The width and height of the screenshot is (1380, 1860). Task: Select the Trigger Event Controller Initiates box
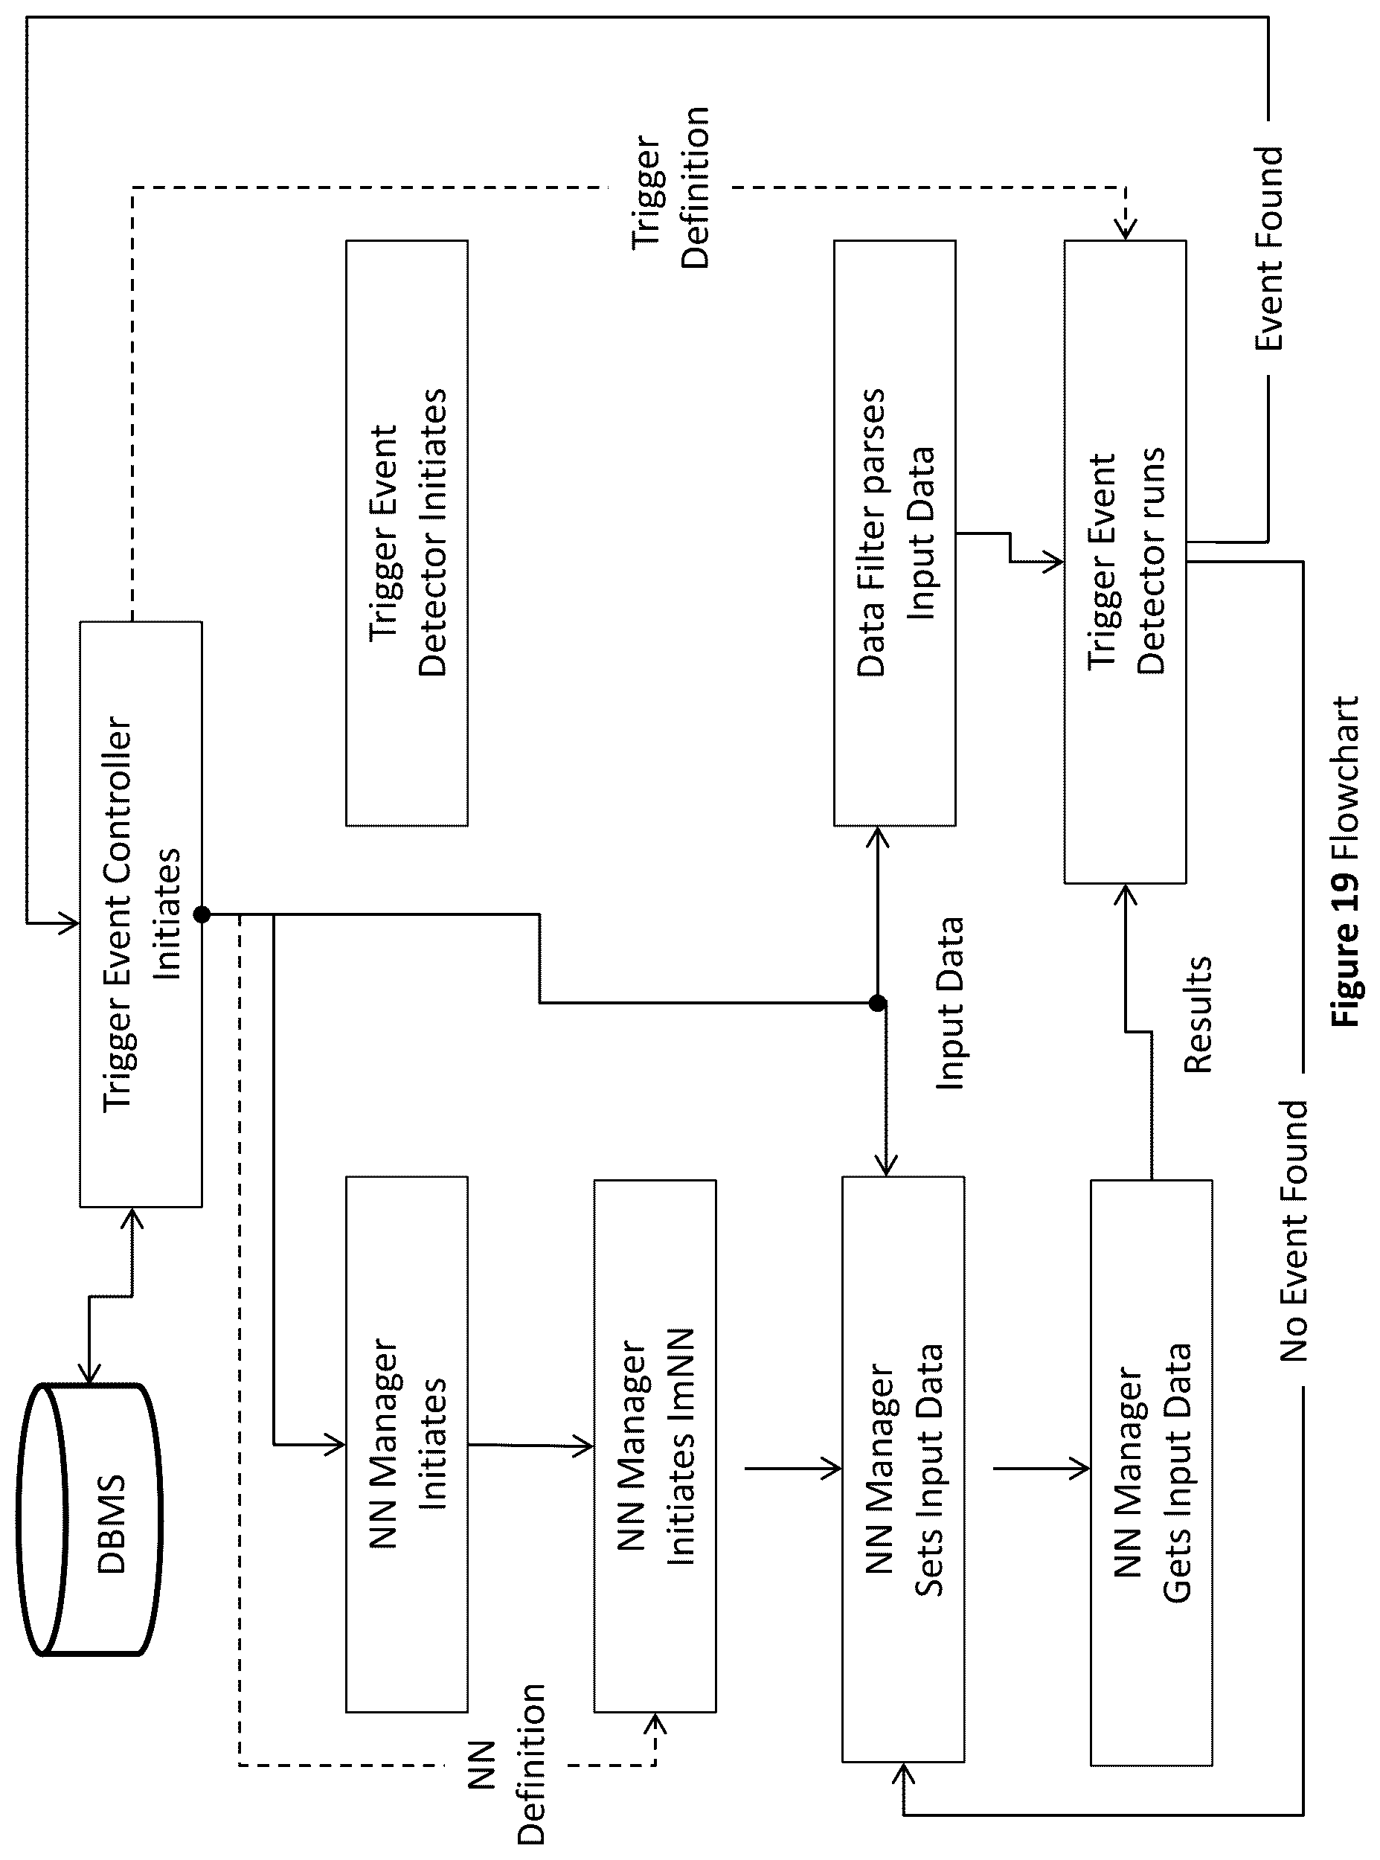click(x=141, y=914)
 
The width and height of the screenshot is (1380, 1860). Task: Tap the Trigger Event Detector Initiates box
click(x=407, y=533)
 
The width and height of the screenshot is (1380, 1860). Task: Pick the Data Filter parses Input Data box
click(x=895, y=533)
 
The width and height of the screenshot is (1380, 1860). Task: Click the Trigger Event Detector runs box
click(x=1126, y=561)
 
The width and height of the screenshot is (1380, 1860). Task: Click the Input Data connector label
click(x=949, y=1002)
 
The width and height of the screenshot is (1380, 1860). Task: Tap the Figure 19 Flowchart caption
click(x=1346, y=861)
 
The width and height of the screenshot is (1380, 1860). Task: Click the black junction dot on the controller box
click(x=202, y=914)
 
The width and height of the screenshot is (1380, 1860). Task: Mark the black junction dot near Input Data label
click(x=877, y=1003)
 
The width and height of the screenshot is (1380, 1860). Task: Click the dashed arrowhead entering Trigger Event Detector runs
click(x=1126, y=228)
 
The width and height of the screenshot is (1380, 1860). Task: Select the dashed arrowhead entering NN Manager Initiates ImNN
click(x=655, y=1724)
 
